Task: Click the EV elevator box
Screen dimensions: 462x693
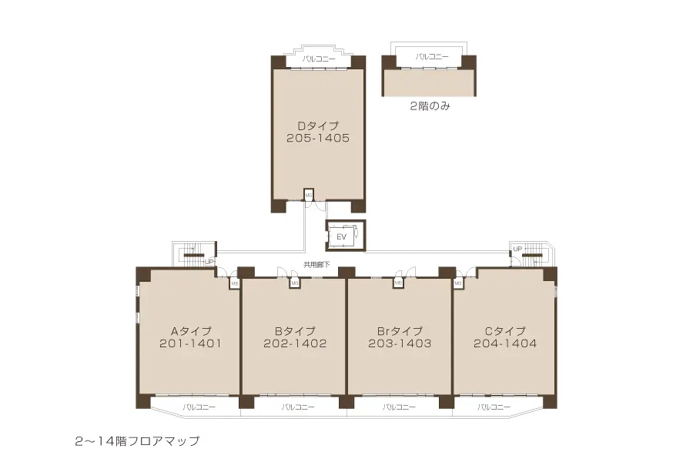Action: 341,236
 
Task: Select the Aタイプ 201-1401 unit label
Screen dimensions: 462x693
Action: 190,337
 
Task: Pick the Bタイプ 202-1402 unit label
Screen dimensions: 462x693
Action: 295,337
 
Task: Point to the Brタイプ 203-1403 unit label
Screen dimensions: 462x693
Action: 399,337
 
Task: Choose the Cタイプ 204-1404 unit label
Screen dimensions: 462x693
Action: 505,337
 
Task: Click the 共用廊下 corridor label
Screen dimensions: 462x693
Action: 316,264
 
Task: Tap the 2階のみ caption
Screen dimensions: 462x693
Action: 430,107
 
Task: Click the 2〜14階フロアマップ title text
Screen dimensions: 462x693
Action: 137,441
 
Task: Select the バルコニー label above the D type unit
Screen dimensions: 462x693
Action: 318,59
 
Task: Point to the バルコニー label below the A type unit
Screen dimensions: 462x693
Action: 199,407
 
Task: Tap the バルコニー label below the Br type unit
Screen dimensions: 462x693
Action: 399,407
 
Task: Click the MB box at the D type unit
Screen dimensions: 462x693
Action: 309,196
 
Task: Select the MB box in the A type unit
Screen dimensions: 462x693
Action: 234,283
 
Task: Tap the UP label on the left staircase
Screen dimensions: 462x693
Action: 209,262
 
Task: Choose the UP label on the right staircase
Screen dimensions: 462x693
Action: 517,249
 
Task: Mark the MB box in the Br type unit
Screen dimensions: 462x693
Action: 398,283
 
